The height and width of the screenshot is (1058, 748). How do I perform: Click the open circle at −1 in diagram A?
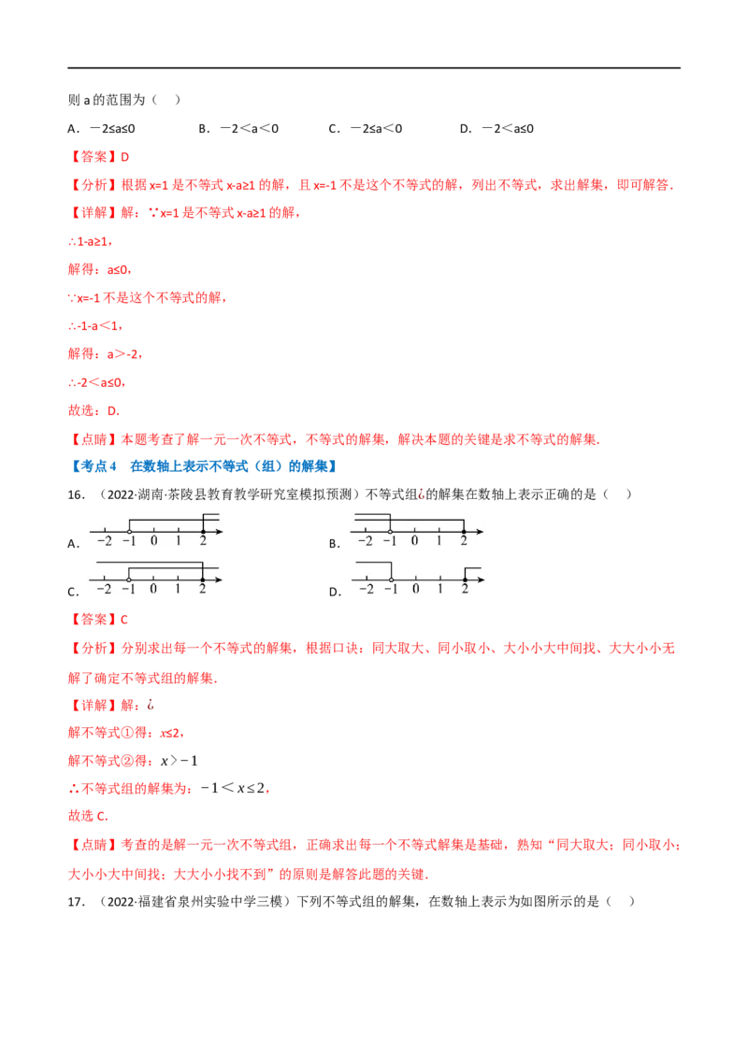click(130, 532)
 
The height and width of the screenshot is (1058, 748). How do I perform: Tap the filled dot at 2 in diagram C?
click(203, 579)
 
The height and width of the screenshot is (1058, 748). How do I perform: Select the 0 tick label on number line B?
click(414, 541)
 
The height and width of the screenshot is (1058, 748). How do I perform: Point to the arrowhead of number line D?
click(480, 579)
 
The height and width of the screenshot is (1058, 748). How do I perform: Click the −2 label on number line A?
click(105, 541)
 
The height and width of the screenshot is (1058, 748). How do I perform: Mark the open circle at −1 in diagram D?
click(391, 579)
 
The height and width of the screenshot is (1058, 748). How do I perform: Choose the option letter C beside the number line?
click(72, 593)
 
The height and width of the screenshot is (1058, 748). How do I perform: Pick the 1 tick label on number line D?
click(440, 589)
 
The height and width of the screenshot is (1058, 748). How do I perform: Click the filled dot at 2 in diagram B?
click(463, 532)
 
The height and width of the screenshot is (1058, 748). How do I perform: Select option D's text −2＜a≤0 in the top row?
click(508, 128)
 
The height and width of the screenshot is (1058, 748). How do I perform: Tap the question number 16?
click(77, 494)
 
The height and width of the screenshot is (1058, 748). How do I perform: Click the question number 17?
click(77, 902)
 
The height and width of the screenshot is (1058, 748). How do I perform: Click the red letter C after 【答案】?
click(124, 620)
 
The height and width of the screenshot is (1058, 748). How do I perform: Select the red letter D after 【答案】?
click(125, 156)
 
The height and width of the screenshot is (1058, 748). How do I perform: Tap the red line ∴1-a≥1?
click(90, 241)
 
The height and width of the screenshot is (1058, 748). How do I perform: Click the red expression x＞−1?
click(179, 761)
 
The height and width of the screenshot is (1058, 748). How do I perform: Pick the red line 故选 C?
click(88, 816)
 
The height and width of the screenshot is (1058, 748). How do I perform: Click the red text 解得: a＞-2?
click(106, 353)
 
